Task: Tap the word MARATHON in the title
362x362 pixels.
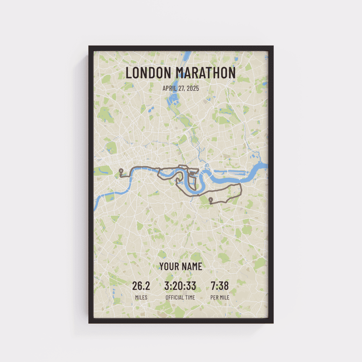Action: tap(206, 73)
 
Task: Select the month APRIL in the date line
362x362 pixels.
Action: tap(170, 88)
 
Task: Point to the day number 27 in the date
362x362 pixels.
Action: tap(183, 88)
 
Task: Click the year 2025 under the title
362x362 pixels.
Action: tap(193, 88)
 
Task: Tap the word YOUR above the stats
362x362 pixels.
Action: tap(169, 266)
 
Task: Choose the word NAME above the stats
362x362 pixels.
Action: tap(192, 266)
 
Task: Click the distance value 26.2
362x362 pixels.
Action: tap(141, 286)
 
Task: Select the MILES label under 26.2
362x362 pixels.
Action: tap(141, 297)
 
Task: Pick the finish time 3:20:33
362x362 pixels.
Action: tap(181, 286)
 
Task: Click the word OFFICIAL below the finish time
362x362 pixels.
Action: tap(175, 297)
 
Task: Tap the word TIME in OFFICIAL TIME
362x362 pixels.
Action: tap(190, 297)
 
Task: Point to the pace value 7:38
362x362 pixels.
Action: tap(220, 286)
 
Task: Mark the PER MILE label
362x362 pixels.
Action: tap(220, 297)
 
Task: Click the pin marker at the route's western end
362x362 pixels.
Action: tap(120, 170)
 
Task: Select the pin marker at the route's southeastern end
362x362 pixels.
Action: tap(210, 199)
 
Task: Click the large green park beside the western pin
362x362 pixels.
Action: tap(103, 170)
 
